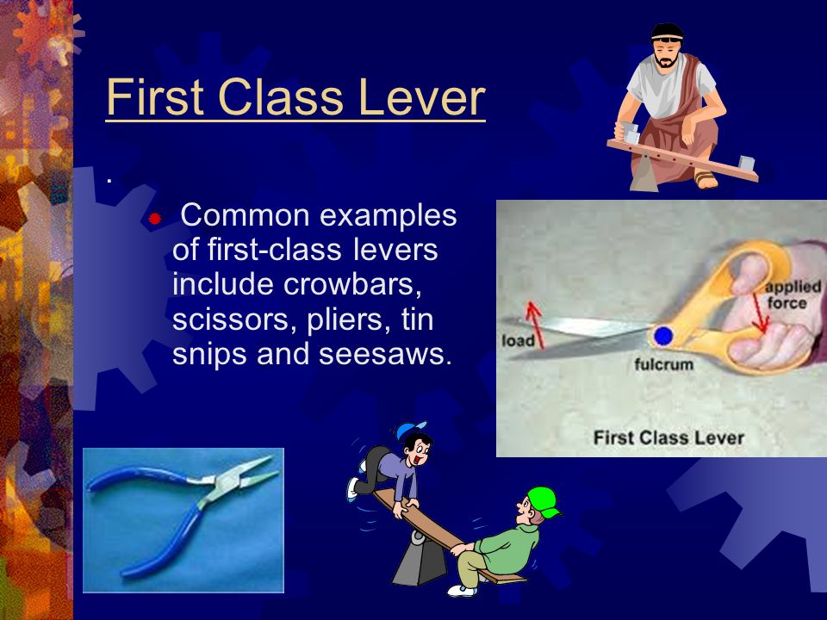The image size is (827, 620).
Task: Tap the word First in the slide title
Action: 154,97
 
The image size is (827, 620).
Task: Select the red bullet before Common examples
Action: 154,218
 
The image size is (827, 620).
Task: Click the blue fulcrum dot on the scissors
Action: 663,336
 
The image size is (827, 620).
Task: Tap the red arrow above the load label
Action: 535,325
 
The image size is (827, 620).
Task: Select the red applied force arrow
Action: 761,313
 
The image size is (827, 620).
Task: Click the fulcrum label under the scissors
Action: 663,364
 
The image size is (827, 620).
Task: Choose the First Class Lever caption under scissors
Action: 668,437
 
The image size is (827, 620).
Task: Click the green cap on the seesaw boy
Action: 544,501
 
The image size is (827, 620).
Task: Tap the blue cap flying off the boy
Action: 410,429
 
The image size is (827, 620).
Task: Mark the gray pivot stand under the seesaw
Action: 419,560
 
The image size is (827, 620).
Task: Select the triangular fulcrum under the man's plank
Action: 644,173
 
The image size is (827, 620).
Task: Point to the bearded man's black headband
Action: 667,33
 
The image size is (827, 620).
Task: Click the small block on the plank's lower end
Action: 747,164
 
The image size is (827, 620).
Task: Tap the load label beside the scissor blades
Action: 518,341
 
